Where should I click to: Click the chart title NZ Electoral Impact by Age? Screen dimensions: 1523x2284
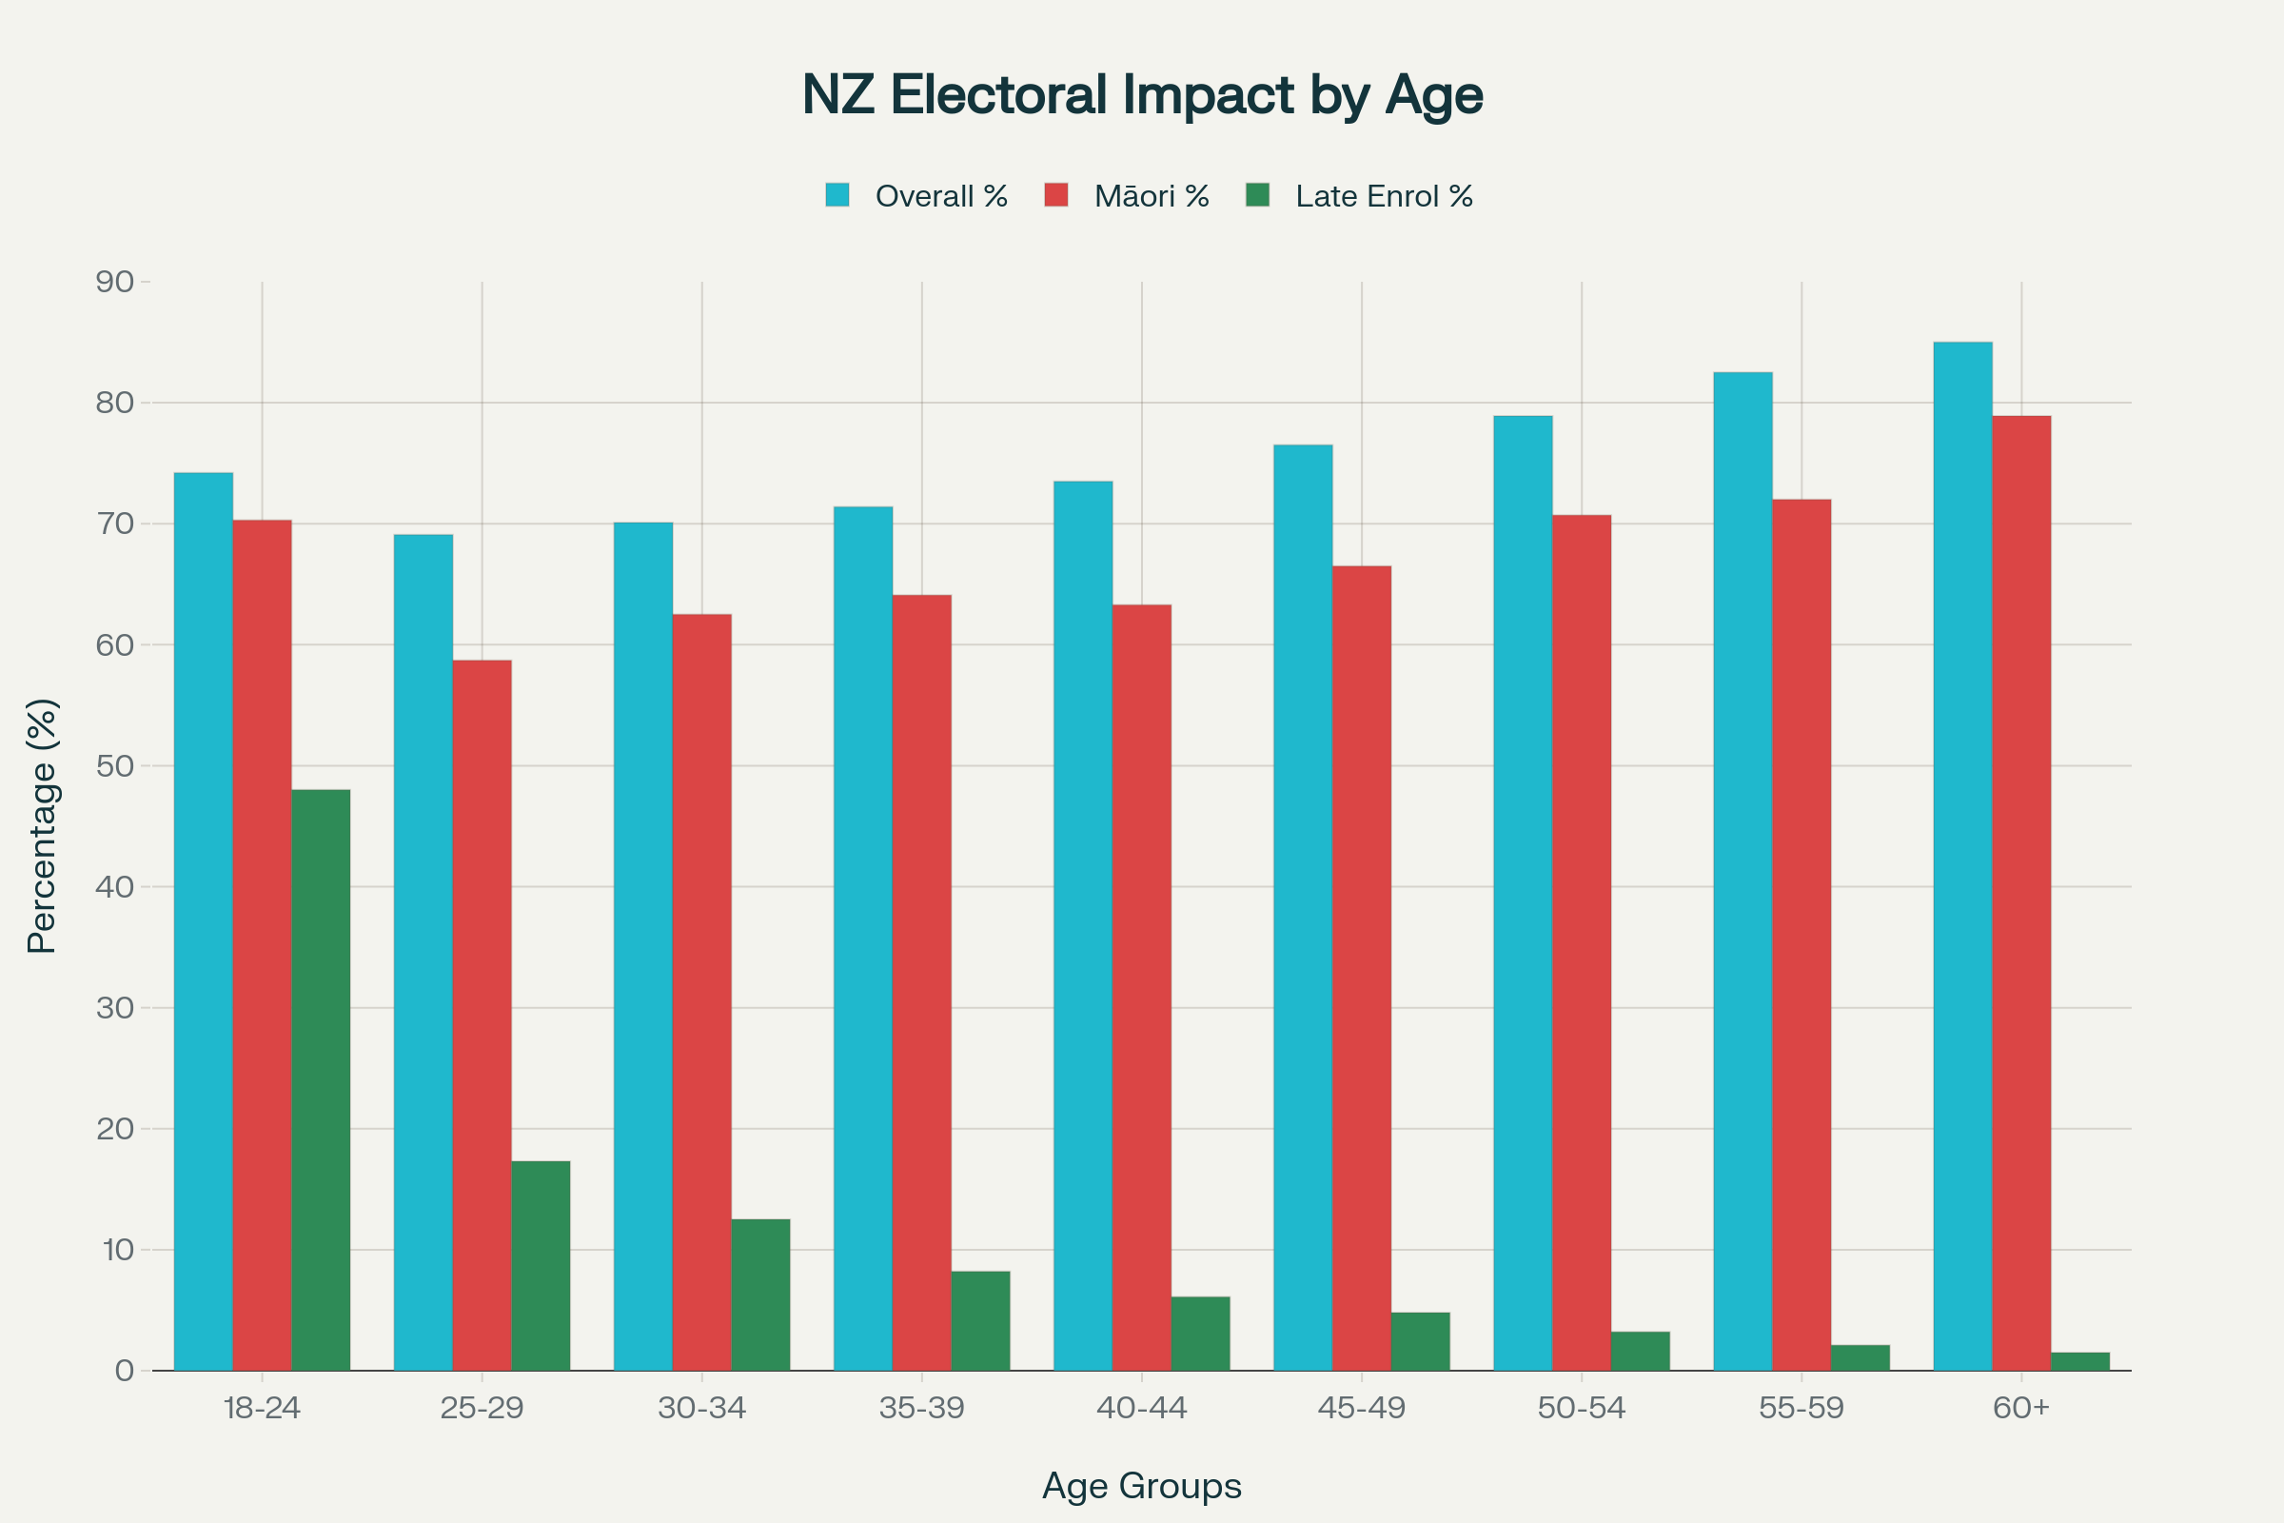(x=1142, y=95)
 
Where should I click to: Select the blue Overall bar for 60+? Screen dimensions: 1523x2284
(x=1962, y=856)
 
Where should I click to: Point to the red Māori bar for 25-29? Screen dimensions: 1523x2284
(x=482, y=1015)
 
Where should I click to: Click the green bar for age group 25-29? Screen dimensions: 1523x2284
(x=541, y=1266)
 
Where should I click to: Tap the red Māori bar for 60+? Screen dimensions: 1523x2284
(x=2021, y=893)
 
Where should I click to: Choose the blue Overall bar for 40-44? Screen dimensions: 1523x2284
(x=1083, y=925)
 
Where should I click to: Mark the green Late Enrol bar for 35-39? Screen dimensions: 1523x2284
(x=981, y=1321)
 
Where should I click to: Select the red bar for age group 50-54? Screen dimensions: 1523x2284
(x=1582, y=942)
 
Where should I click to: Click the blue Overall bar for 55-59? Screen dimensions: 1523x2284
(x=1743, y=871)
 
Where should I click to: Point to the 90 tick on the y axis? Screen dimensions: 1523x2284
(x=114, y=282)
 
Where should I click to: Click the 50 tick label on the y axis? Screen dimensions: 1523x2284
(x=114, y=765)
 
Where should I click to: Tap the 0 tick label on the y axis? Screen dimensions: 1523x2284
(x=125, y=1371)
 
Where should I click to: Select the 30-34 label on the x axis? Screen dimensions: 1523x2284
(x=702, y=1408)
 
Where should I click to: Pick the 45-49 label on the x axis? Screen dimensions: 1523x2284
(x=1362, y=1408)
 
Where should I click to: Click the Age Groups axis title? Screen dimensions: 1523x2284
(x=1142, y=1485)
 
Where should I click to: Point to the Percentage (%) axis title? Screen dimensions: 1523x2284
(x=42, y=825)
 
